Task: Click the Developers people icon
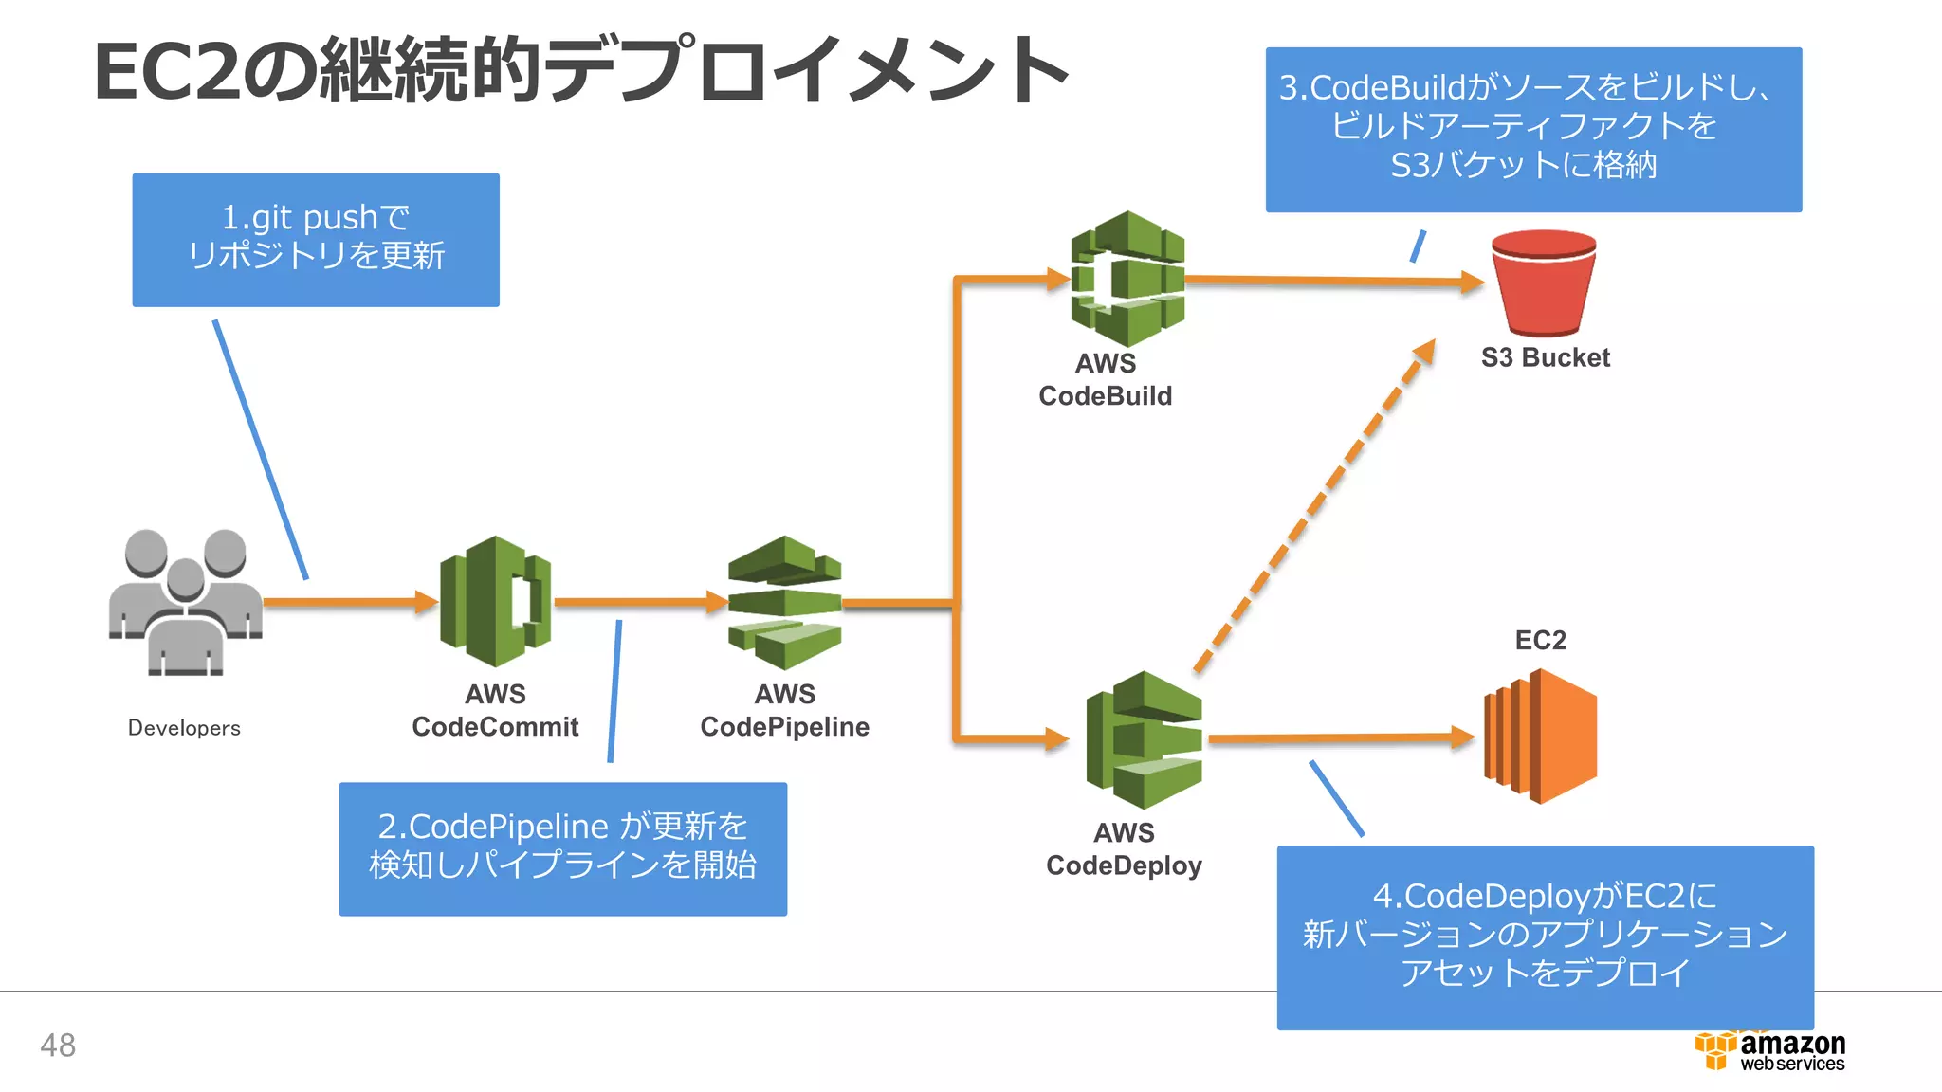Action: pos(186,602)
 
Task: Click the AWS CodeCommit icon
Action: pos(495,601)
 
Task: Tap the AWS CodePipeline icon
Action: pos(784,602)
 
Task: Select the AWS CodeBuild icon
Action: pos(1127,279)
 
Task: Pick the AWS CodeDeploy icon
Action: pos(1144,739)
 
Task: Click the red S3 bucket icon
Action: pos(1543,282)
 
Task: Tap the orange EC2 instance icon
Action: pos(1541,737)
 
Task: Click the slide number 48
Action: pos(58,1045)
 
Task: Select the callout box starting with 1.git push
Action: pos(316,239)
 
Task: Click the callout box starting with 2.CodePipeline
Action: pos(562,847)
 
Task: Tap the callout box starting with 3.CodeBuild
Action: pos(1532,129)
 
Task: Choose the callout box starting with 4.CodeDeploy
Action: pos(1544,936)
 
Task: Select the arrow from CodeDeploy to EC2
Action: pos(1337,737)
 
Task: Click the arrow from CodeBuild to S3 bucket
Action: pos(1328,281)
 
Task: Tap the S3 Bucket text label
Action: pos(1545,357)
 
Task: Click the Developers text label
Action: pos(184,728)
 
